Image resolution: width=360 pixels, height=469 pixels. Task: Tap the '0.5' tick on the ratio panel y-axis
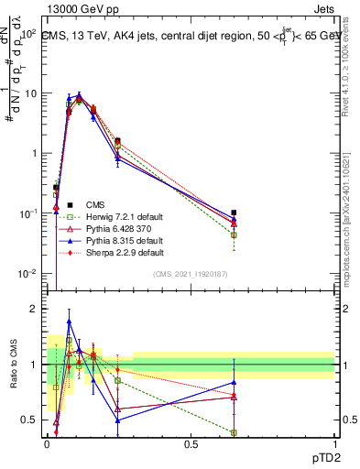pos(31,420)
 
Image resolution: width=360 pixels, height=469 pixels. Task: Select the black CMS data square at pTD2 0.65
pos(234,213)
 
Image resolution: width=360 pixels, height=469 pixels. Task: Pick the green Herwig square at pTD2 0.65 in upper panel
pos(234,235)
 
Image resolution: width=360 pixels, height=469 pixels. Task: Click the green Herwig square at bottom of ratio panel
pos(234,432)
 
